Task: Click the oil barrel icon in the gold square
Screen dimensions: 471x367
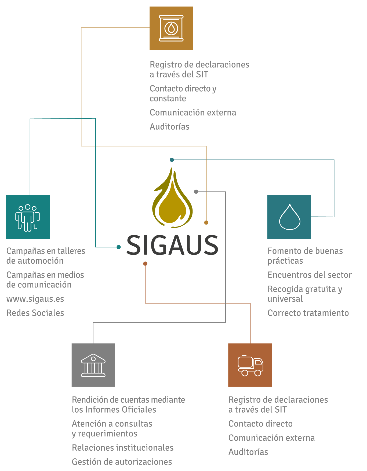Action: tap(171, 28)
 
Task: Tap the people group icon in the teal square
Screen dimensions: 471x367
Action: tap(28, 218)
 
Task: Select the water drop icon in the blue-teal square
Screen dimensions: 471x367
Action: tap(289, 217)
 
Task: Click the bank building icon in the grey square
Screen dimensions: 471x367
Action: tap(93, 365)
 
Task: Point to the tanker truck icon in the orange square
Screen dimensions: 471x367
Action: tap(250, 365)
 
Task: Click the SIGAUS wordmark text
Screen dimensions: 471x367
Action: tap(172, 245)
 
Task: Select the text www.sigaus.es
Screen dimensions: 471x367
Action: tap(35, 299)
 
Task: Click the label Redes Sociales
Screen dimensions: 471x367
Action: tap(35, 313)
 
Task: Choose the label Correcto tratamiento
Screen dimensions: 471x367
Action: tap(308, 313)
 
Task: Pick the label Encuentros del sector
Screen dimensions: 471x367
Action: tap(310, 275)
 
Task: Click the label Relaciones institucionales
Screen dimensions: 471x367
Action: tap(123, 448)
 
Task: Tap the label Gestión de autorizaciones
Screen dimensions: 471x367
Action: tap(122, 462)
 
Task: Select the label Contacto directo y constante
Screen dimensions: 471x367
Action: tap(183, 93)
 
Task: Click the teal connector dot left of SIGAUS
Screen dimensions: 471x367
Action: tap(119, 247)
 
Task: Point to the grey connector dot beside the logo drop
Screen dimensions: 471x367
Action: tap(196, 192)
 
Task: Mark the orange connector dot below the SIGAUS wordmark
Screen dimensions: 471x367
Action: tap(145, 264)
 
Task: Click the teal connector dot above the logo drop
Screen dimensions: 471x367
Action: tap(172, 160)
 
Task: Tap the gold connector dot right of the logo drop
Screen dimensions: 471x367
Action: tap(206, 223)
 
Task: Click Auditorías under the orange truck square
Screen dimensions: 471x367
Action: tap(248, 452)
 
